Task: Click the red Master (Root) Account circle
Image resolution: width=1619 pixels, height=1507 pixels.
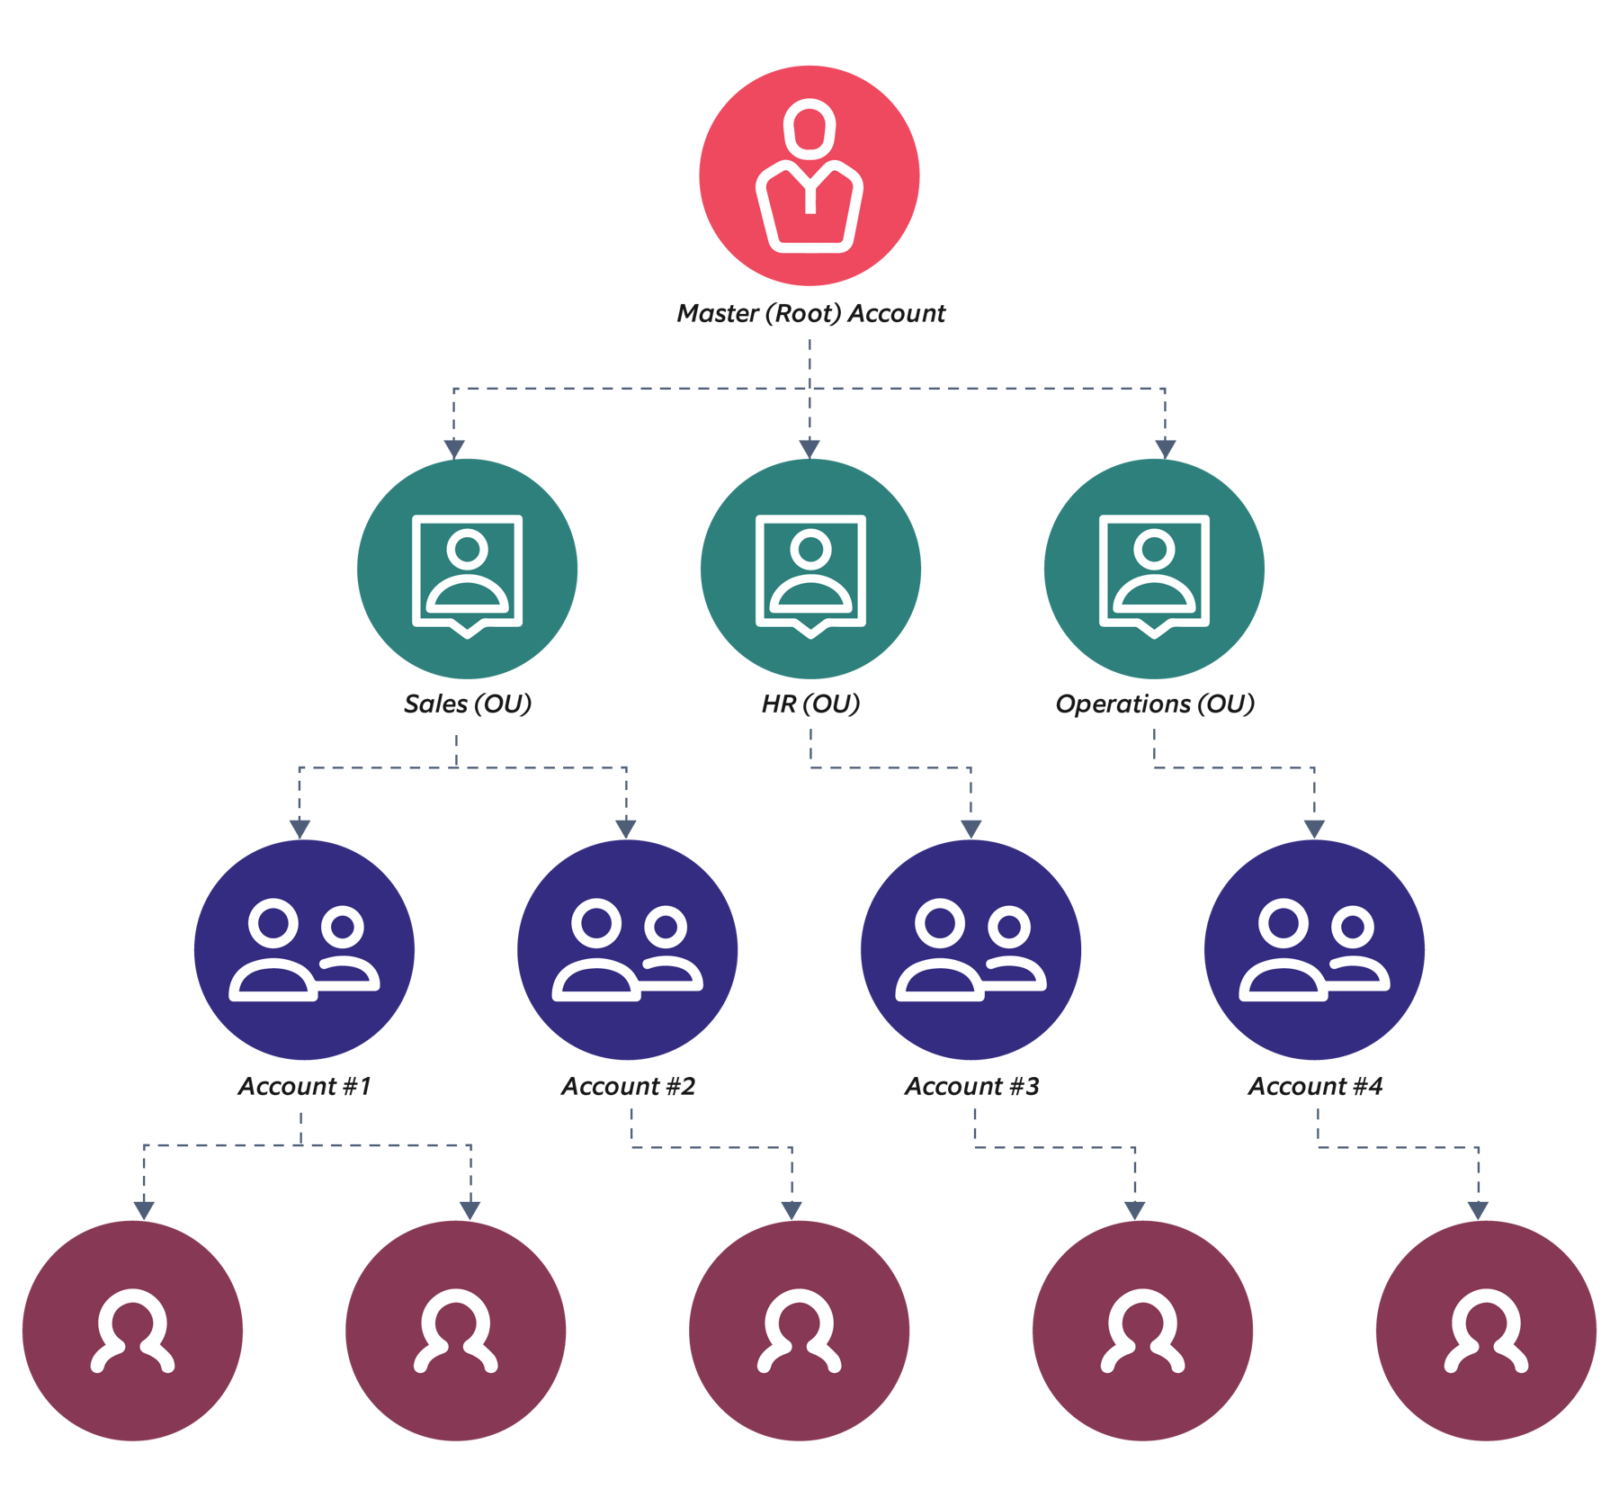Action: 809,176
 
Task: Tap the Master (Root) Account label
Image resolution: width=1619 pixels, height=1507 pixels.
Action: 810,313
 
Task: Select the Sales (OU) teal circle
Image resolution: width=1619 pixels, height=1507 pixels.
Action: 467,569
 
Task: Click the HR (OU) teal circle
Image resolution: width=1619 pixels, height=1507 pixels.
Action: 810,569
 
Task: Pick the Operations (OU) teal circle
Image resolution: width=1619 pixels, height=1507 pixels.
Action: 1154,569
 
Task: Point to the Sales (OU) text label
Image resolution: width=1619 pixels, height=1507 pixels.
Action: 467,704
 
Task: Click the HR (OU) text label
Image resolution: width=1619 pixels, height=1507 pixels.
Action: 810,704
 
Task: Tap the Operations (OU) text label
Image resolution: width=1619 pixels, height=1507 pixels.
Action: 1154,704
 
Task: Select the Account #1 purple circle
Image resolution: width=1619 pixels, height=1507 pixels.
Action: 304,950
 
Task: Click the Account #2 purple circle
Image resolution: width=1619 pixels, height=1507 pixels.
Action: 627,950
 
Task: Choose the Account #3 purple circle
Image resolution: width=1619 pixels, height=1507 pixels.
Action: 971,950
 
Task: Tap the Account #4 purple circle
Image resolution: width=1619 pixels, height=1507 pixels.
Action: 1314,950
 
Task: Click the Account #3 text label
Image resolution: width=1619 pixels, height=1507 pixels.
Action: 971,1086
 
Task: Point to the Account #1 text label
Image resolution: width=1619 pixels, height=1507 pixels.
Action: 304,1086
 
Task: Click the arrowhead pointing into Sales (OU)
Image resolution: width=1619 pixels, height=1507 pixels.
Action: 454,448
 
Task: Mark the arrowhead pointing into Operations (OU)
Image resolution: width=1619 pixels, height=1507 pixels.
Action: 1166,447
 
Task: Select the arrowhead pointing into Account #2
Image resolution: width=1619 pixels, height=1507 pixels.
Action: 626,829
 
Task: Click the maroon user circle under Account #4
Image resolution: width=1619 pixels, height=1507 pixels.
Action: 1486,1331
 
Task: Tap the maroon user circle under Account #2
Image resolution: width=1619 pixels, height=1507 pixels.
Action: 799,1331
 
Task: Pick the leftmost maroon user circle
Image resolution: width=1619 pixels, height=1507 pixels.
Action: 132,1331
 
